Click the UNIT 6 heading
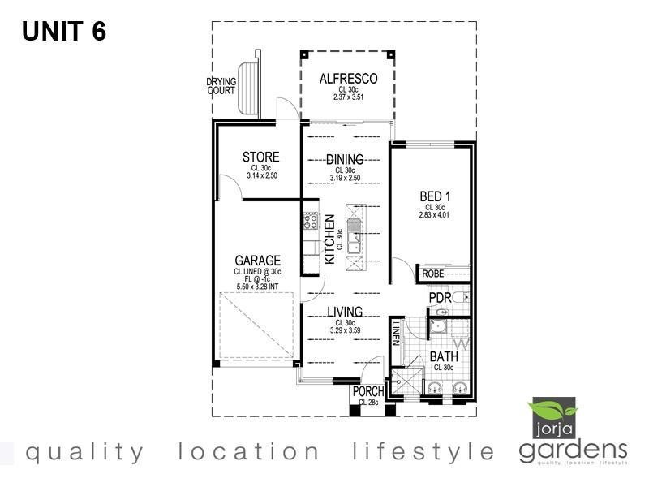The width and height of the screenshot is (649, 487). click(x=64, y=31)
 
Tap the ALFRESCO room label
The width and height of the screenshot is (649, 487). click(x=349, y=79)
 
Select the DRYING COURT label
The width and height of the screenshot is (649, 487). click(x=221, y=86)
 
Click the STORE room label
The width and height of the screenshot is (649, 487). click(x=260, y=157)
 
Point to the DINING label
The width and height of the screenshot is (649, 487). click(x=345, y=160)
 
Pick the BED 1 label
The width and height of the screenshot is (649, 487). click(x=434, y=196)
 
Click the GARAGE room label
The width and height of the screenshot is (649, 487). click(x=257, y=261)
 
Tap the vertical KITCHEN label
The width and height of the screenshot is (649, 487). click(x=330, y=239)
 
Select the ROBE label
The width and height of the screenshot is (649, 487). click(x=432, y=275)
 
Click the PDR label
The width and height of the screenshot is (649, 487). click(x=440, y=299)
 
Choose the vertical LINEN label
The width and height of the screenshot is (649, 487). click(x=396, y=333)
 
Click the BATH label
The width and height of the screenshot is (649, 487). click(x=443, y=356)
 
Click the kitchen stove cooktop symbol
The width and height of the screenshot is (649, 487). click(x=311, y=220)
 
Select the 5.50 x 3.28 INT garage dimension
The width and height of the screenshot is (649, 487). click(x=257, y=287)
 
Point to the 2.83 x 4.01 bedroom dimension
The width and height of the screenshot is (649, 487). click(x=434, y=215)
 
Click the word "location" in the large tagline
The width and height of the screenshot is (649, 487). click(x=250, y=451)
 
